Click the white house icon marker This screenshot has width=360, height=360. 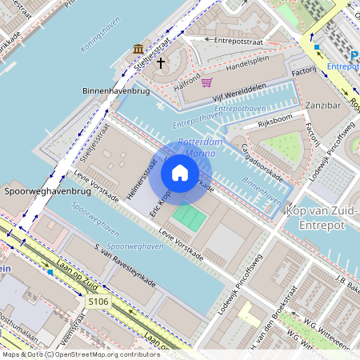click(x=180, y=172)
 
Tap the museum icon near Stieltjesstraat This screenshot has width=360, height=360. click(x=139, y=49)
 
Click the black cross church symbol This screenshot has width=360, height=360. click(x=160, y=62)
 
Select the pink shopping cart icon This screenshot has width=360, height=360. click(x=206, y=82)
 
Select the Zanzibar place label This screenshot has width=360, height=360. click(x=323, y=105)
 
